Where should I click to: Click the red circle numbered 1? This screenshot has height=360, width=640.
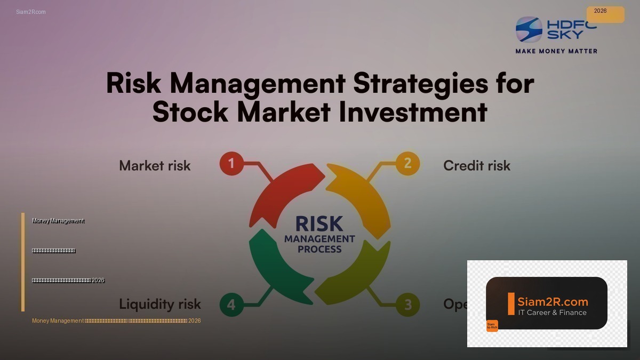[x=231, y=164]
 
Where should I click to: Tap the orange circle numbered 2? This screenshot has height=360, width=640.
[x=407, y=163]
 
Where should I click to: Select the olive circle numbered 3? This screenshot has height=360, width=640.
[x=407, y=305]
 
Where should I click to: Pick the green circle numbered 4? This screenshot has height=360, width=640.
[x=231, y=305]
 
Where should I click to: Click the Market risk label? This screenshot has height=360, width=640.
[x=155, y=166]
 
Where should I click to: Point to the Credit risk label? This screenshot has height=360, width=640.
[x=477, y=166]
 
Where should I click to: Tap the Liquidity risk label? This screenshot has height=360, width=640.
[x=160, y=304]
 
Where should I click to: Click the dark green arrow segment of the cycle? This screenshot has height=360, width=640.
[x=275, y=267]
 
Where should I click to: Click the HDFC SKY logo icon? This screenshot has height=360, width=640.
[x=529, y=29]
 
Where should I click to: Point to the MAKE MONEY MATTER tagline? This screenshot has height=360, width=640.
[x=556, y=51]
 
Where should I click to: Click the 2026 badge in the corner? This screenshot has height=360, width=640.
[x=605, y=14]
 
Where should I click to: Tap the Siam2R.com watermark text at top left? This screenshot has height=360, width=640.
[x=31, y=12]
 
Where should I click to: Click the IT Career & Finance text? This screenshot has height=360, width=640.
[x=553, y=313]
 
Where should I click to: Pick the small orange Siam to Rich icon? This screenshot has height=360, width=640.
[x=492, y=325]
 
